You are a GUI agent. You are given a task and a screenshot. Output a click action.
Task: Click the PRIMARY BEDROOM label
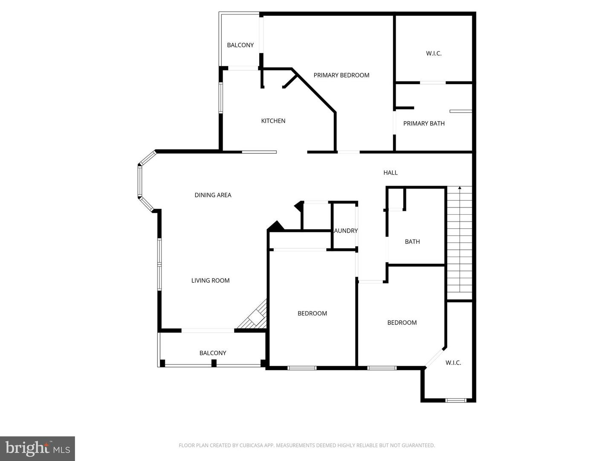[x=341, y=76]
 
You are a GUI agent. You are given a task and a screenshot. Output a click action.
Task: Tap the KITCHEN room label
[x=273, y=121]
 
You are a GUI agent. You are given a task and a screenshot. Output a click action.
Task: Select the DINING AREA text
[x=213, y=195]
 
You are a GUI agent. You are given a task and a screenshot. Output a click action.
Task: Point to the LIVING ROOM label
[x=210, y=280]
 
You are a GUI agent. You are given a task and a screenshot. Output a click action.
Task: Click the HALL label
[x=390, y=173]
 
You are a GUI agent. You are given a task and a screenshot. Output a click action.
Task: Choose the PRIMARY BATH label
[x=424, y=124]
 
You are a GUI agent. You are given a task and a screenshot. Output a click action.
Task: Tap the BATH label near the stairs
[x=412, y=242]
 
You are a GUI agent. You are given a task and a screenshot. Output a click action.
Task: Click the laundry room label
[x=346, y=231]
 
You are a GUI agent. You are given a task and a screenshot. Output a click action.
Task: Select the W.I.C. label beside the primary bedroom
[x=434, y=54]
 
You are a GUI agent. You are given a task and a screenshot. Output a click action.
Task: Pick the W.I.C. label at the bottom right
[x=453, y=363]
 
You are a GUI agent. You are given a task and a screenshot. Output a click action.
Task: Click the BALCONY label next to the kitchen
[x=240, y=45]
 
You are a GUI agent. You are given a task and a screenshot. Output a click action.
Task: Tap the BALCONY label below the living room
[x=213, y=353]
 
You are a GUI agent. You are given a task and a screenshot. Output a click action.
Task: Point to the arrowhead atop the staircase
[x=460, y=187]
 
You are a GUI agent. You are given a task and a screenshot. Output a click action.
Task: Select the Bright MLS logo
[x=38, y=449]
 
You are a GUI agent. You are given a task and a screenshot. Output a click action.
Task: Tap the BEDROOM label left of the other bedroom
[x=312, y=314]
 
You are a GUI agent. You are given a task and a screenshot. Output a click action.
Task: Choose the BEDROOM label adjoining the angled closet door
[x=402, y=323]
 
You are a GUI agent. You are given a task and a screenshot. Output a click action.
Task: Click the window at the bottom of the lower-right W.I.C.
[x=455, y=400]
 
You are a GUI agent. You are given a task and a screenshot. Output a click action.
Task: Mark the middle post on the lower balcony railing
[x=214, y=363]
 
